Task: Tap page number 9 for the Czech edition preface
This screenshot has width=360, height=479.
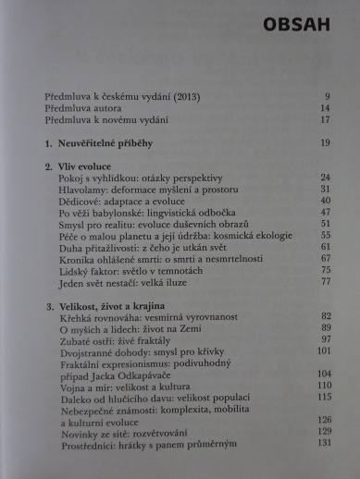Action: (328, 96)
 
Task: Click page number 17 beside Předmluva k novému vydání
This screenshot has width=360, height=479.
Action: (325, 119)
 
